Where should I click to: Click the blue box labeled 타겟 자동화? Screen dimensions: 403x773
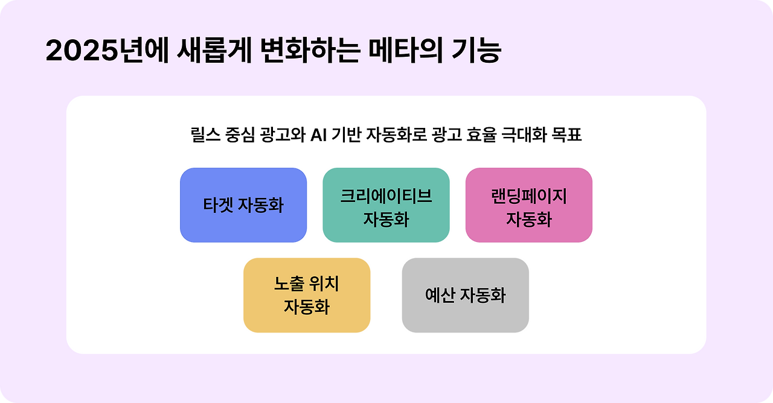pos(243,205)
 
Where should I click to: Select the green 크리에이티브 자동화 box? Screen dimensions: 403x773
pos(386,205)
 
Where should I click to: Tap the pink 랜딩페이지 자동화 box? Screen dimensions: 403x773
pos(528,205)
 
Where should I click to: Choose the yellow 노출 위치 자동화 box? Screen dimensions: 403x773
pos(307,295)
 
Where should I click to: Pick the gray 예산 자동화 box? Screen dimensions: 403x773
pos(465,295)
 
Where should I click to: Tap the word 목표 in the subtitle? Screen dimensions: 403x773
pos(566,135)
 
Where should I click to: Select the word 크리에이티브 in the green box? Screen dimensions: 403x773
pos(386,196)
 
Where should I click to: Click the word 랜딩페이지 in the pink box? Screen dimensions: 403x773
pos(528,196)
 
